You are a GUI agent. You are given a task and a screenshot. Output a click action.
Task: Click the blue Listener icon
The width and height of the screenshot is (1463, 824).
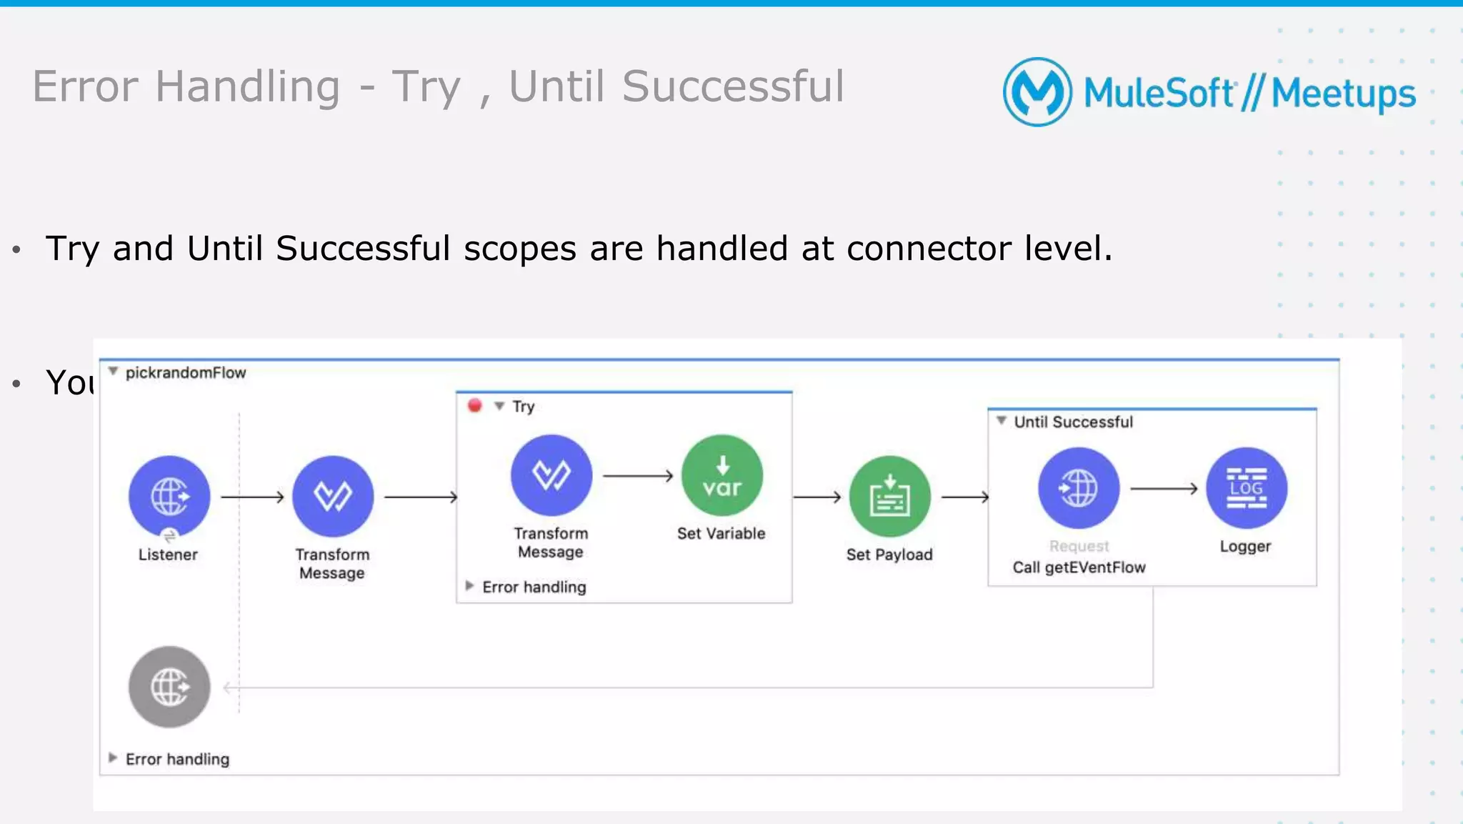[169, 495]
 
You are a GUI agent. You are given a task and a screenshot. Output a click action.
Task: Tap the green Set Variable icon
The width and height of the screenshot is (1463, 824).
[721, 475]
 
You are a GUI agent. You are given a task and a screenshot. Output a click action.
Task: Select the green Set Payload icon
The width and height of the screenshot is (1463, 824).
[889, 496]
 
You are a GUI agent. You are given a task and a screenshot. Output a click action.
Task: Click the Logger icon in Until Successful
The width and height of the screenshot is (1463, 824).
[1246, 487]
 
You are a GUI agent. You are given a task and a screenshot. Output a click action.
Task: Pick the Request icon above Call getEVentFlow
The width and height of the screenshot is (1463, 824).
[1078, 487]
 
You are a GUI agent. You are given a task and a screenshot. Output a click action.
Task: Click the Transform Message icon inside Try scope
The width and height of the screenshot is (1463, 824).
[551, 475]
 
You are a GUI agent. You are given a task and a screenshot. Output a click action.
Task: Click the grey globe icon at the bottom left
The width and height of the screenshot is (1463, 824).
[169, 687]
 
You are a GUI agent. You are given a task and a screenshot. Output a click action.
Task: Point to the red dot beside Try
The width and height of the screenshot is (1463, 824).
[474, 406]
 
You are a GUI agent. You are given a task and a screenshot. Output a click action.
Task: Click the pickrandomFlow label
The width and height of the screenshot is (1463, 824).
[185, 372]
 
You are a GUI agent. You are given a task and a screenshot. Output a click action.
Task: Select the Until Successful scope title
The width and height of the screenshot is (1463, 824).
[1073, 422]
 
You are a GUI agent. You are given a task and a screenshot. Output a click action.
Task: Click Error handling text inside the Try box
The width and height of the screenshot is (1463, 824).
[534, 587]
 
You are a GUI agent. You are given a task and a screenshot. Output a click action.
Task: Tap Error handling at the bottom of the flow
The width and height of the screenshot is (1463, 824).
[177, 759]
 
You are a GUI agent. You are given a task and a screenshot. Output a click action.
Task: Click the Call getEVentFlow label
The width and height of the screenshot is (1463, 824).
[1079, 567]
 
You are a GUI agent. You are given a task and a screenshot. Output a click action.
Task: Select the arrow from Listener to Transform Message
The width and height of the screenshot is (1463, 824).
[252, 497]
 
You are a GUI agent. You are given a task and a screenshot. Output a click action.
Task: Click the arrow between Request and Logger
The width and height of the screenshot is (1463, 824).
[1163, 489]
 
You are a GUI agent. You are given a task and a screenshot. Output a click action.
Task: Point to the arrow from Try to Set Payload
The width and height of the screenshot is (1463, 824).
[817, 497]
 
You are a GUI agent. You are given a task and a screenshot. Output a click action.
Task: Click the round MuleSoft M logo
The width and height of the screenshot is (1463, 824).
[1037, 92]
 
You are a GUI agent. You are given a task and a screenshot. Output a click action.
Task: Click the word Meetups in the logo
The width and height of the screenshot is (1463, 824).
[1343, 94]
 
